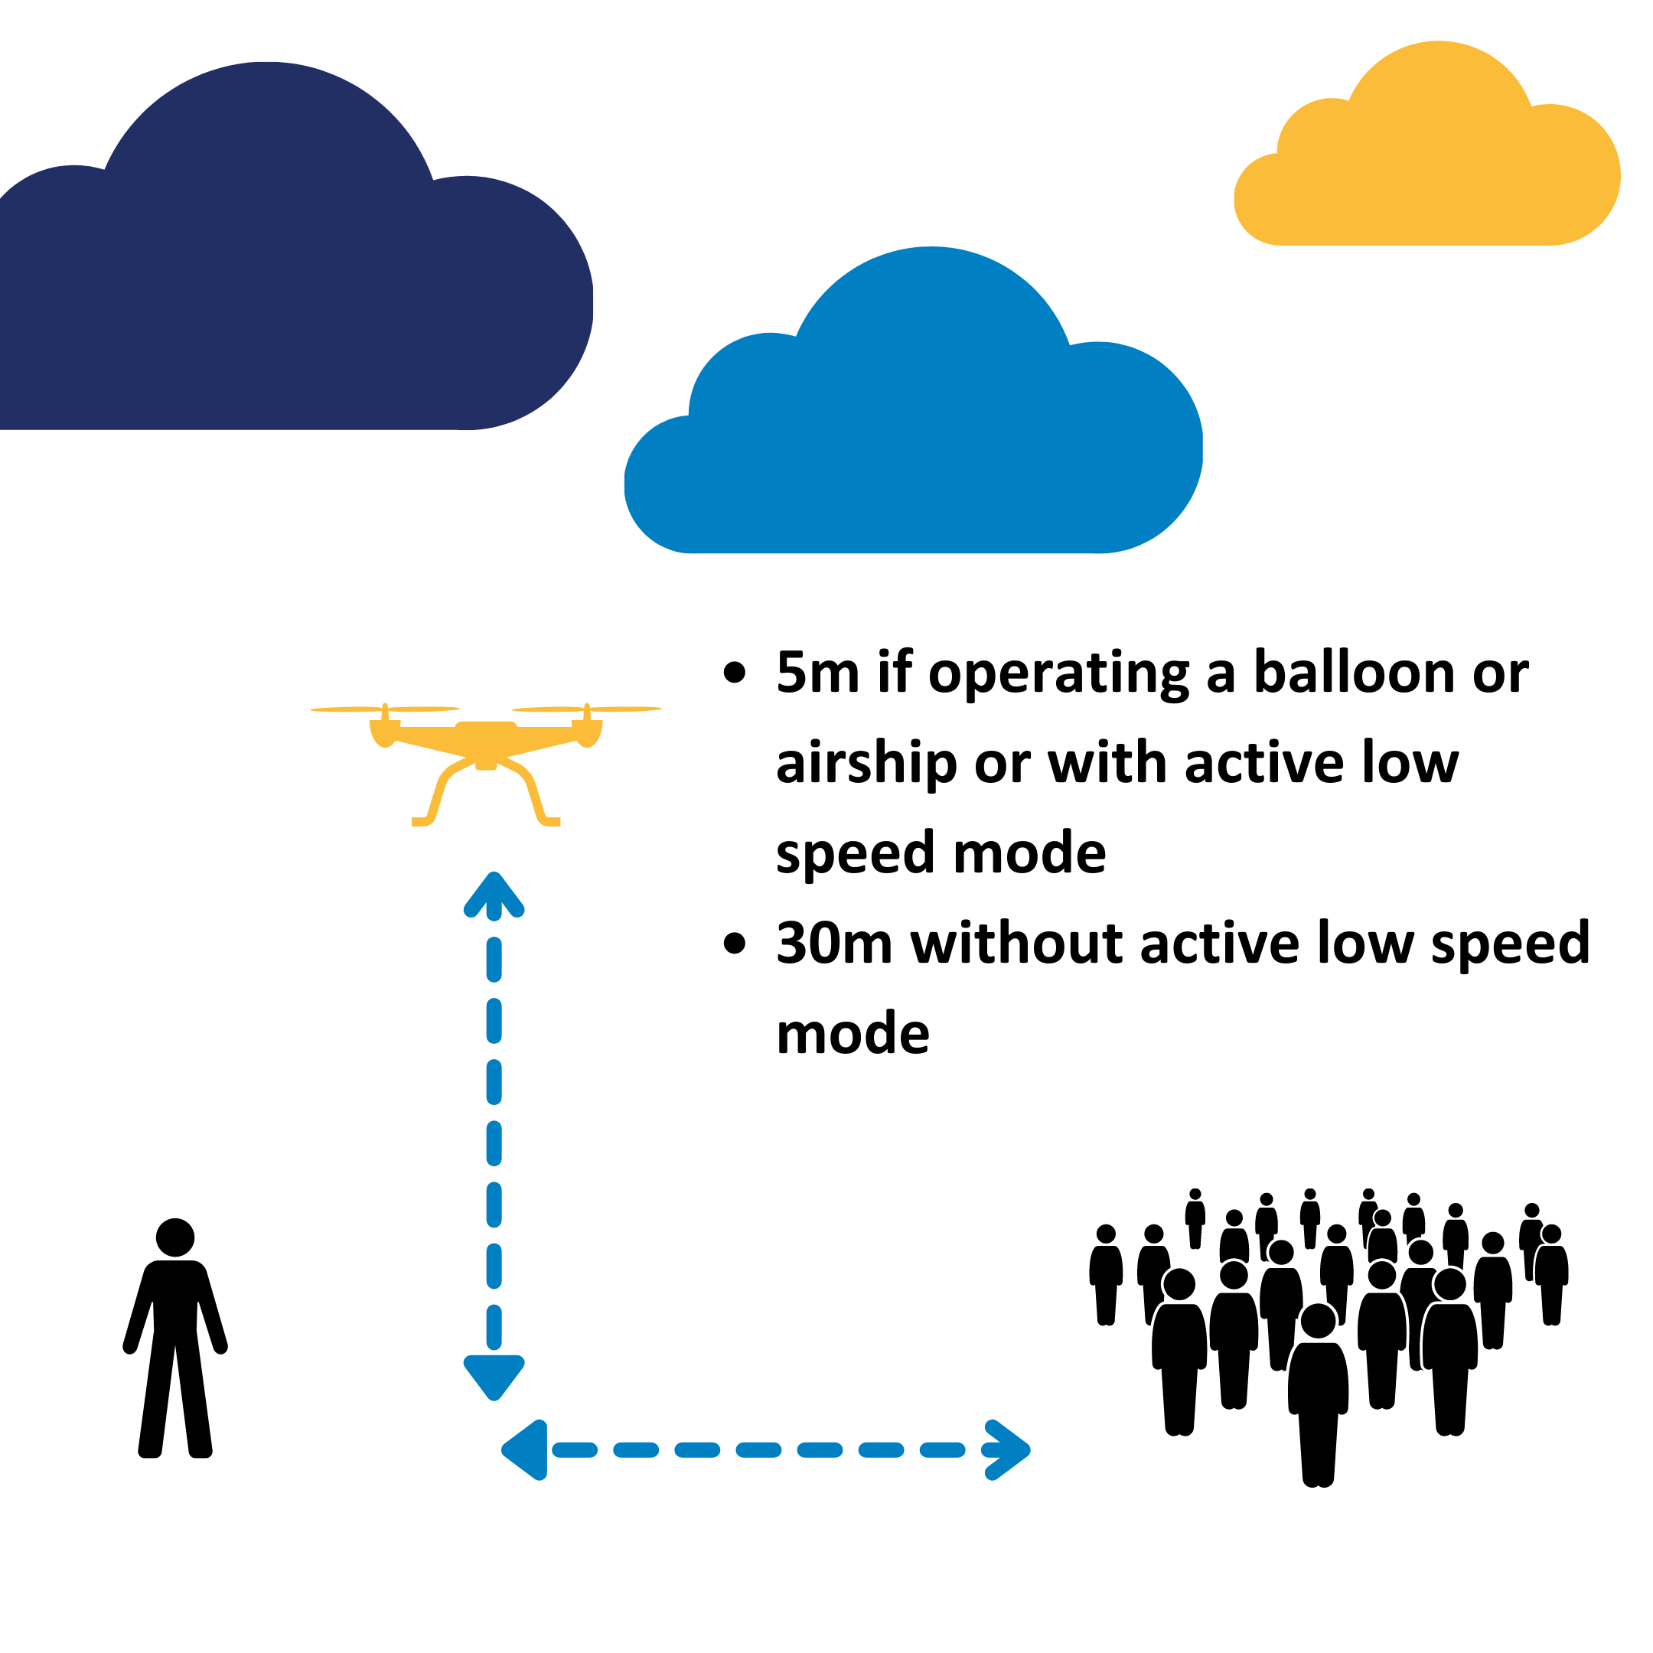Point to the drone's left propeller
point(385,709)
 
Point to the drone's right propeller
point(587,709)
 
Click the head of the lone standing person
point(175,1237)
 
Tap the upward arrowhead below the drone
point(494,895)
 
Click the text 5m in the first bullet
point(817,673)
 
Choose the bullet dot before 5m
point(734,673)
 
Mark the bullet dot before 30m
point(734,943)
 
